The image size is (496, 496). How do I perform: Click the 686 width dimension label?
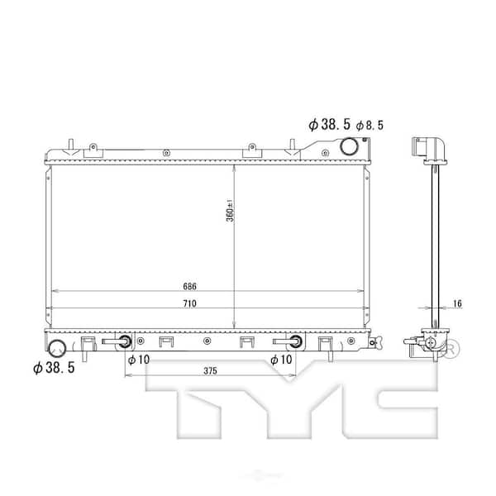pos(189,287)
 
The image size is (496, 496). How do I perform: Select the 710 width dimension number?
pos(189,304)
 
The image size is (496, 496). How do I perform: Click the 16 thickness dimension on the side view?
pos(457,304)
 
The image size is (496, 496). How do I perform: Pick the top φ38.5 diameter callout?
pos(329,124)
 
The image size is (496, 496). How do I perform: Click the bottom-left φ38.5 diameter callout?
pos(54,367)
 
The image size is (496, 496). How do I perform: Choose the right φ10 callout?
pos(282,360)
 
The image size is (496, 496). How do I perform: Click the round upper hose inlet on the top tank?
pos(350,147)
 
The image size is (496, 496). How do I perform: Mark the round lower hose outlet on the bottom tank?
pos(59,347)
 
